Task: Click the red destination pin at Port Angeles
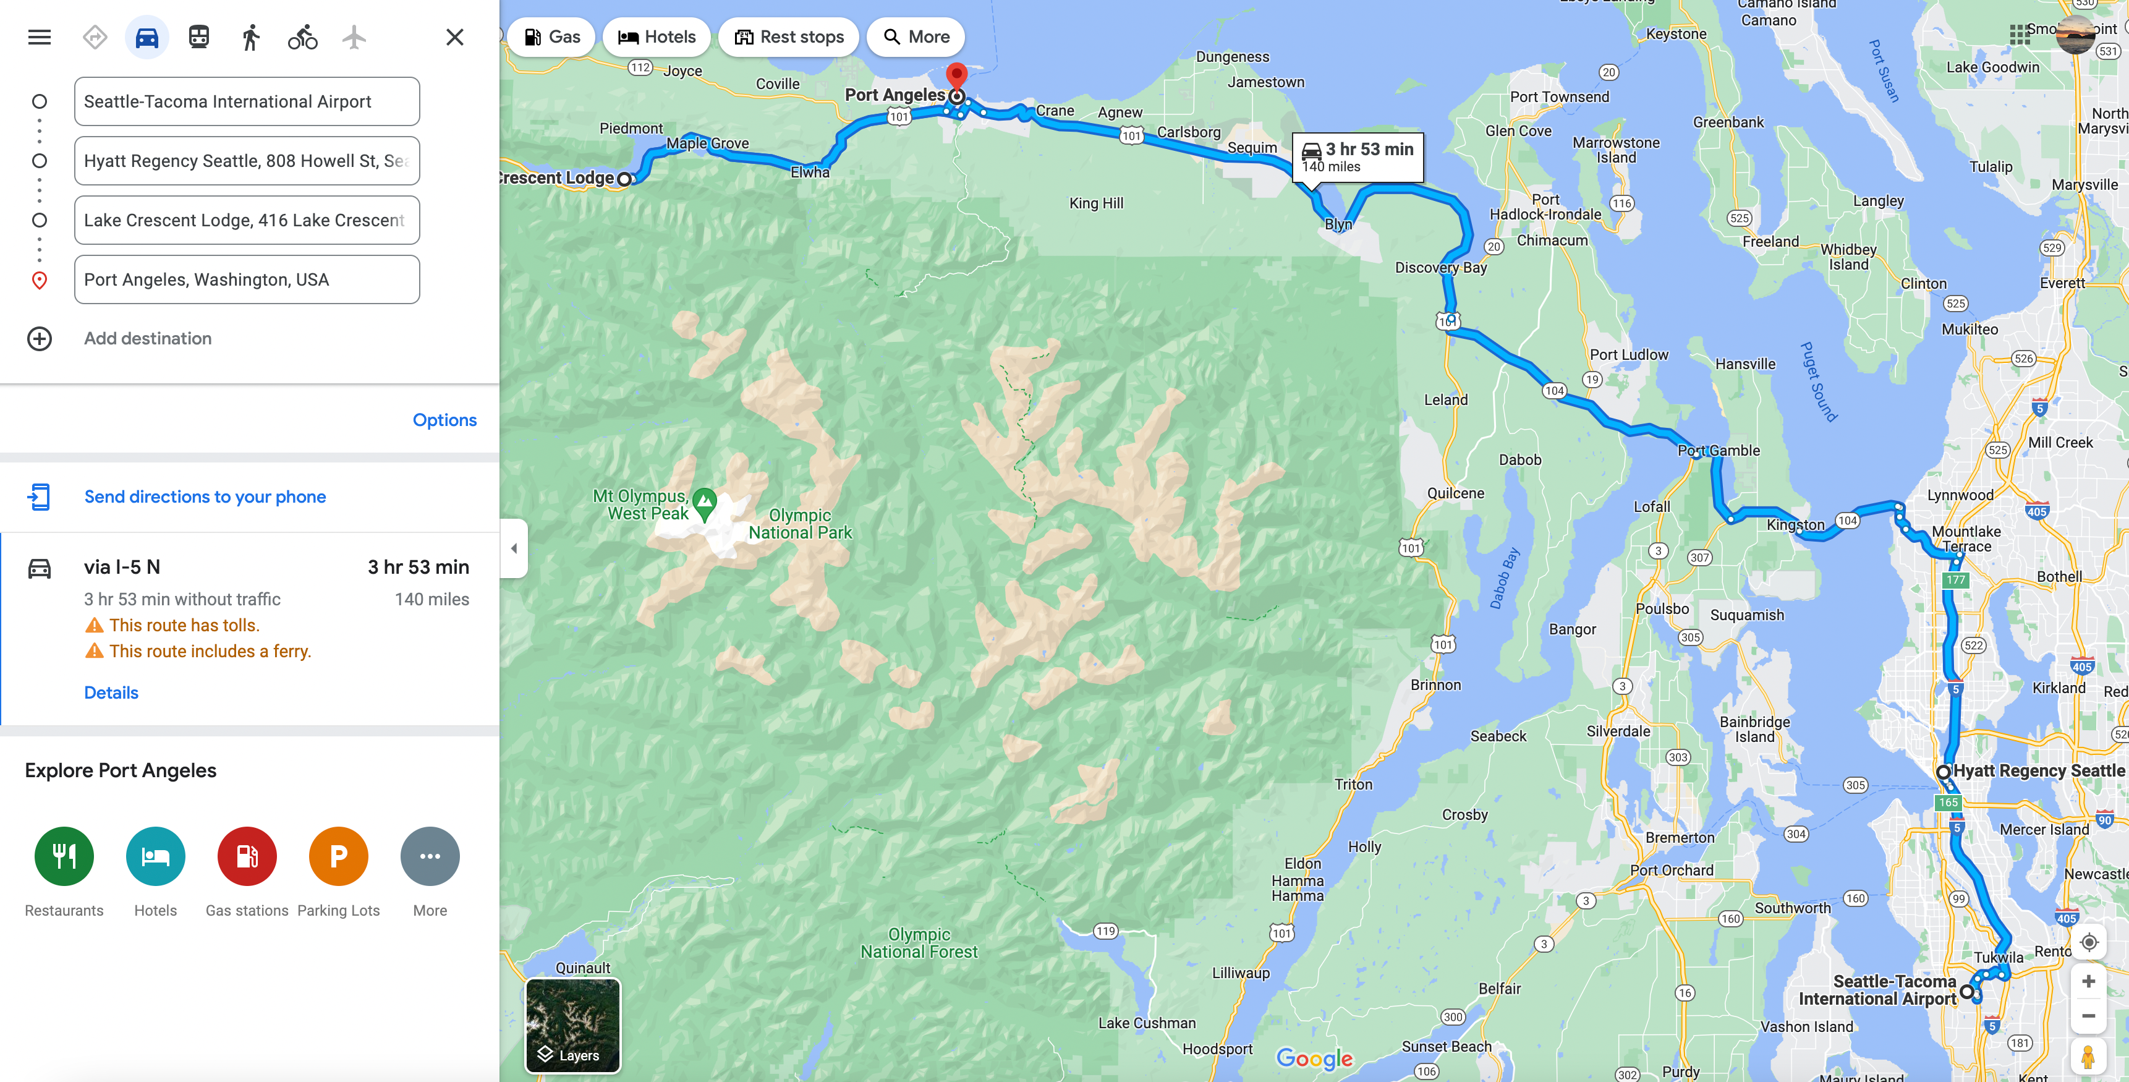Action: (956, 77)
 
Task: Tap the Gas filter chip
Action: (551, 37)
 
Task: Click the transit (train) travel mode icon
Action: (198, 37)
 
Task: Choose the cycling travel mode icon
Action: (302, 37)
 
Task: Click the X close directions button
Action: (454, 37)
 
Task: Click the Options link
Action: (444, 420)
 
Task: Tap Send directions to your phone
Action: (205, 496)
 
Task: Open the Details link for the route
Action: (111, 692)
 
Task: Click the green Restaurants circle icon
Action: (64, 856)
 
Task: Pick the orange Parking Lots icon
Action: (338, 856)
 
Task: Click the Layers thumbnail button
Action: (572, 1025)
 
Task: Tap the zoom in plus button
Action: (2088, 981)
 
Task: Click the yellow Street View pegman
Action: (2088, 1057)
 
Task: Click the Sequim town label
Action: (1251, 148)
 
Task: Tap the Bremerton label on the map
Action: (1680, 837)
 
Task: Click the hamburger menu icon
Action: (39, 37)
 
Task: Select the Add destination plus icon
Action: (39, 339)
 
